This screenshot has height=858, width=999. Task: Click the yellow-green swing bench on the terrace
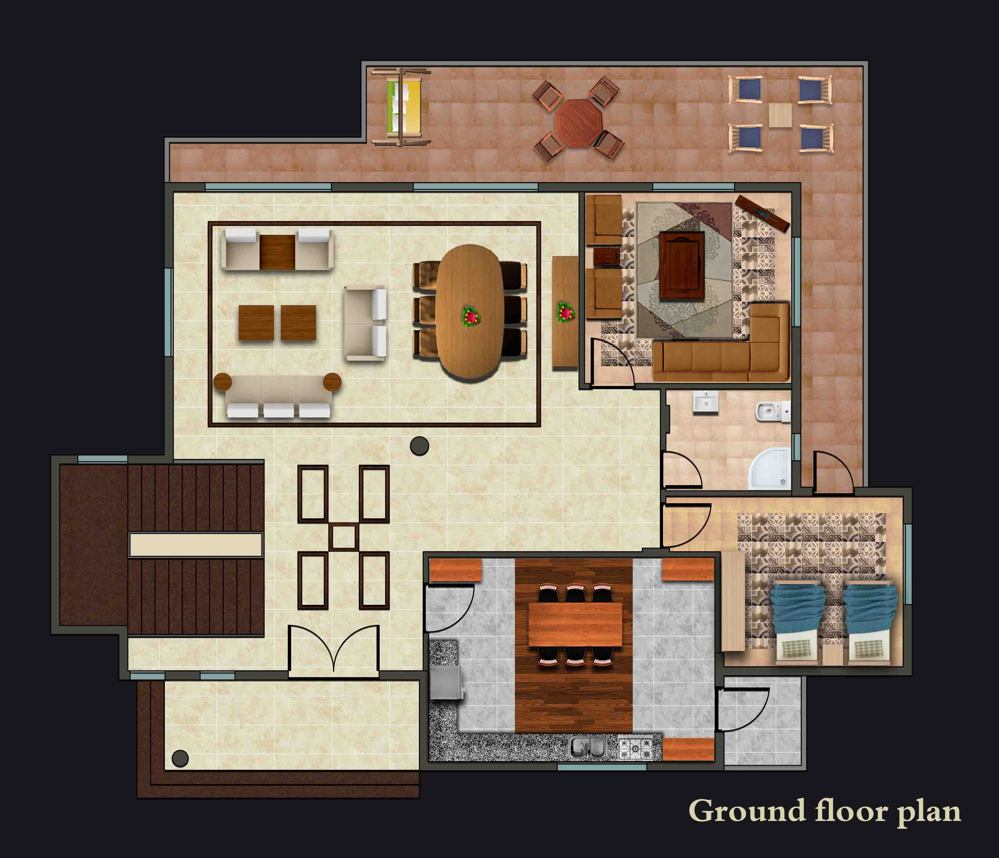(404, 107)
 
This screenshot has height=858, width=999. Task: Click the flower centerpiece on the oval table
(472, 317)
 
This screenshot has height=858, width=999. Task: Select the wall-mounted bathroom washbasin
(705, 402)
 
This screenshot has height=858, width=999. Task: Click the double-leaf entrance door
(334, 651)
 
